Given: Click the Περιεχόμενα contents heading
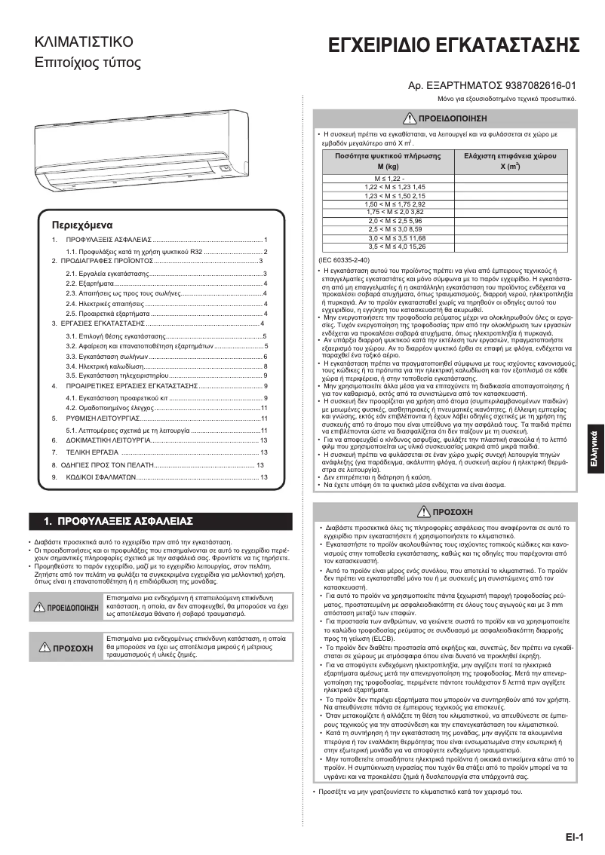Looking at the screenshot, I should pyautogui.click(x=81, y=225).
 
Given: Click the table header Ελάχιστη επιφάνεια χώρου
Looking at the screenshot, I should pyautogui.click(x=504, y=160).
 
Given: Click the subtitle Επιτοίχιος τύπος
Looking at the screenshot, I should pyautogui.click(x=88, y=63).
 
